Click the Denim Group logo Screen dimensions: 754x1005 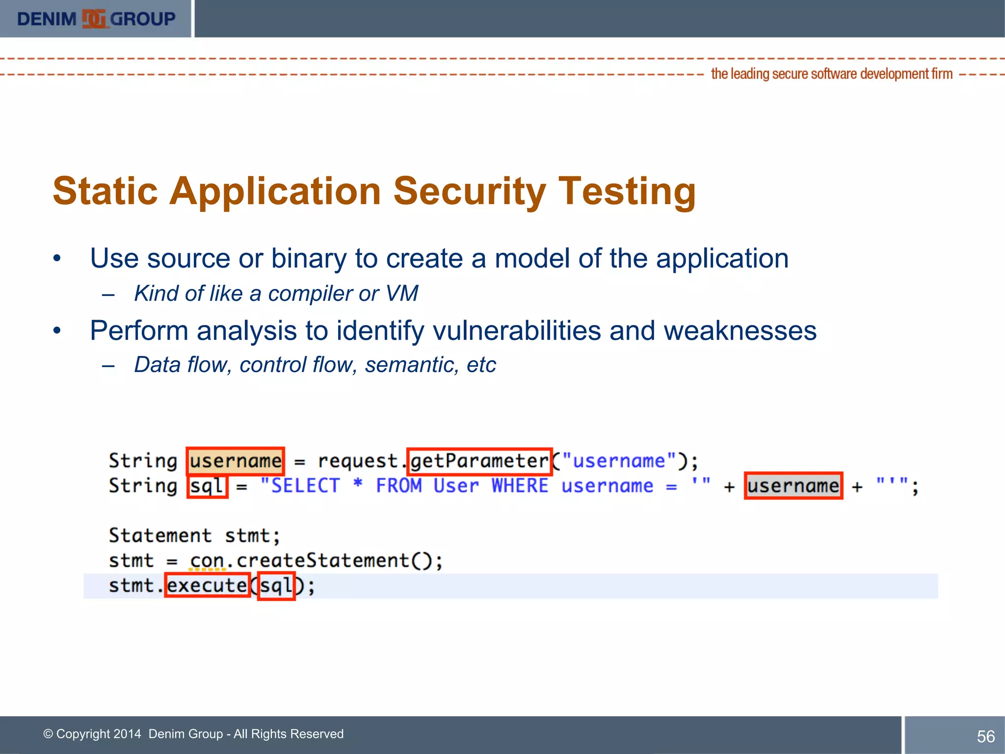tap(96, 19)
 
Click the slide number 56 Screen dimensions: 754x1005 tap(985, 736)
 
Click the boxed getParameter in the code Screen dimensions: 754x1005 tap(479, 461)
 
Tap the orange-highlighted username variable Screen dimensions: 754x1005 tap(236, 461)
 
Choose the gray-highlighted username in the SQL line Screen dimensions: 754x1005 tap(793, 486)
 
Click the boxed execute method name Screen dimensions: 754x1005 tap(207, 585)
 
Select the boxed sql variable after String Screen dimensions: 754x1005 tap(208, 486)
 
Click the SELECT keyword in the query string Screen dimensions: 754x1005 tap(305, 486)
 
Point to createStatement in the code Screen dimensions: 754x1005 tap(323, 561)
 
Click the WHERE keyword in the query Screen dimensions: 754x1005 tap(520, 486)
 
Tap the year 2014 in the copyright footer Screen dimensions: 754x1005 tap(127, 734)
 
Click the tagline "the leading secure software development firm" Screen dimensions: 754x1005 tap(832, 74)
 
